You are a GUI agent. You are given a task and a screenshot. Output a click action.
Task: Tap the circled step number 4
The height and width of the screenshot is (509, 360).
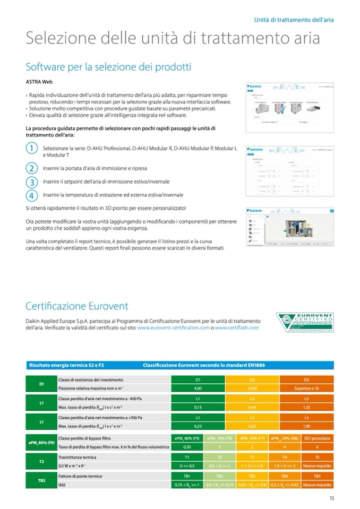pos(32,195)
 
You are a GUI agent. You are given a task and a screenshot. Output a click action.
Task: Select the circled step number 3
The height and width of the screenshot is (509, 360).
pos(32,182)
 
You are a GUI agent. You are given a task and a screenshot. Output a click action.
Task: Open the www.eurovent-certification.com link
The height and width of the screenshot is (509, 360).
pos(173,328)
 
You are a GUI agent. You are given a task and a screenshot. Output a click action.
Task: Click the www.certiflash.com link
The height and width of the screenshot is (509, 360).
pos(237,328)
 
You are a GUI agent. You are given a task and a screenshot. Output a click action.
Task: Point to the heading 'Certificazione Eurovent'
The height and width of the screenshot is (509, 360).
pos(77,306)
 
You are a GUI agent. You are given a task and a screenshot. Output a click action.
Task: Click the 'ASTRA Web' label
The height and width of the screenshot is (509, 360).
pos(39,82)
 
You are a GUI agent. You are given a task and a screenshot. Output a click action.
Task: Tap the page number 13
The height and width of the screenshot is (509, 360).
pos(331,498)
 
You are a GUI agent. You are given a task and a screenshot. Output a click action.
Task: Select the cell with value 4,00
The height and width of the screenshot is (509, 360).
pos(198,388)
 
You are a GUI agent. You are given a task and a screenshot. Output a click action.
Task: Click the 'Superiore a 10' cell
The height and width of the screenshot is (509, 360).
pos(307,388)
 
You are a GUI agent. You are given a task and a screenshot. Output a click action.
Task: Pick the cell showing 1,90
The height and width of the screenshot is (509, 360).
pos(307,426)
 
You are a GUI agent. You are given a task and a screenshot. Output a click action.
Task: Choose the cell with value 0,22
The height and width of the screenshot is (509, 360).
pos(198,426)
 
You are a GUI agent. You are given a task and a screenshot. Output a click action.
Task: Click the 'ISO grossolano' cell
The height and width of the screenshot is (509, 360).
pos(317,438)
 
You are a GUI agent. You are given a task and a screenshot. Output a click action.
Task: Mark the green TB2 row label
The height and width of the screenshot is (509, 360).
pos(41,480)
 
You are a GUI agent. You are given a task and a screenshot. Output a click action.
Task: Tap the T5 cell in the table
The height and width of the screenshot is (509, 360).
pos(317,457)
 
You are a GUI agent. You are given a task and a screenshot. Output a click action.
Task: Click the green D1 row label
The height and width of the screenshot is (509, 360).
pos(41,384)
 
